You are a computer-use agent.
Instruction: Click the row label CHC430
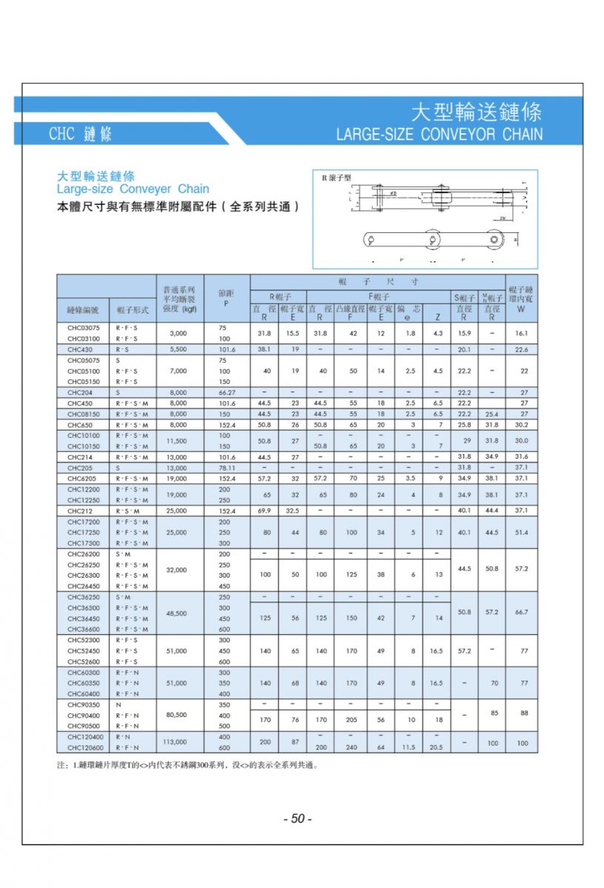[x=80, y=349]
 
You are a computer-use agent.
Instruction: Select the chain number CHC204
[x=80, y=392]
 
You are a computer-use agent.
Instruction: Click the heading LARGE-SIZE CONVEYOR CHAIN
[x=439, y=135]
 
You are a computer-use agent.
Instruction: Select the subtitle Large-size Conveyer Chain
[x=133, y=189]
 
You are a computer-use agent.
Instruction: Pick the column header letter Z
[x=438, y=317]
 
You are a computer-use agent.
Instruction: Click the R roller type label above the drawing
[x=336, y=178]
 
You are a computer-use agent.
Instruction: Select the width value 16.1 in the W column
[x=521, y=334]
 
